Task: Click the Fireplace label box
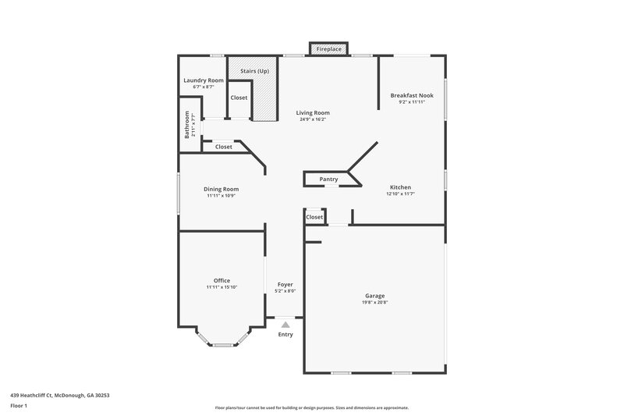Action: pos(328,49)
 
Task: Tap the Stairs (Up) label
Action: pos(254,71)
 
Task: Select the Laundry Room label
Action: pos(204,80)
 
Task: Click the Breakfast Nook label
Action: pos(412,95)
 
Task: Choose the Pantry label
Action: pos(328,180)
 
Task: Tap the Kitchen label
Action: pos(400,187)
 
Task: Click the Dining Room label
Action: pos(222,189)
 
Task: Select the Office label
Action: pos(222,280)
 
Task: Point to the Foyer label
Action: pos(285,284)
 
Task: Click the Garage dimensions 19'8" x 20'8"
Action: pos(375,302)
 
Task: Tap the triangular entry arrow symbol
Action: pos(285,324)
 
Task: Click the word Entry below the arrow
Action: pos(285,335)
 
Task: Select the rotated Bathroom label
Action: pos(187,124)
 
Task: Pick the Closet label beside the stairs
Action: pos(239,98)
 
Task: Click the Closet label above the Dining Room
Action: pos(224,147)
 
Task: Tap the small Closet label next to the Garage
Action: pos(314,217)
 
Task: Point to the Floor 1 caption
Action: pos(19,406)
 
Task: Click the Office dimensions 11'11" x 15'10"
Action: pos(222,287)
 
